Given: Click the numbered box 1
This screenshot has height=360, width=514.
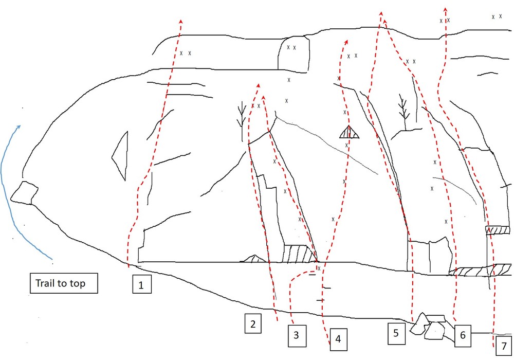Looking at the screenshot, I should (x=141, y=284).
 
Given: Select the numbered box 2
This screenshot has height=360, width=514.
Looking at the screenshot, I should (x=253, y=324).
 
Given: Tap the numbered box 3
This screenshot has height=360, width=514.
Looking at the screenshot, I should (x=297, y=335).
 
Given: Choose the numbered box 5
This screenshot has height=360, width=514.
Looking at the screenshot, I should (x=396, y=332).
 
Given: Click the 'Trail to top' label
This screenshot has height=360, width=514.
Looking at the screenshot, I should (x=63, y=283).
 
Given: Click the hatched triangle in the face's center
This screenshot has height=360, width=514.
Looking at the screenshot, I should (x=348, y=133).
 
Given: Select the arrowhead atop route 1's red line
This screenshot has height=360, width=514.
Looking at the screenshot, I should (x=181, y=21).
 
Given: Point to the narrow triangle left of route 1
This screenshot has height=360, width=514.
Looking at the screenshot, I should (x=120, y=155).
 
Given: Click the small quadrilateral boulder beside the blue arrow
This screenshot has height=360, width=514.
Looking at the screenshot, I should (x=24, y=193).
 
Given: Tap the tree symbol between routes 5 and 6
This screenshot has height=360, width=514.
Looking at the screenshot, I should (x=404, y=111).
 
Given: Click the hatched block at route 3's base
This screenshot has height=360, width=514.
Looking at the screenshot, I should (x=298, y=254).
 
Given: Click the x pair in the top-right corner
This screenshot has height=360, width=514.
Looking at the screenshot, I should (x=497, y=16).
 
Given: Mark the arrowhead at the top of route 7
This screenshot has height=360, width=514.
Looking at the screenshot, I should (x=445, y=9).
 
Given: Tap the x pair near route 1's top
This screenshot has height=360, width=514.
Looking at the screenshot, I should (x=186, y=53).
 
